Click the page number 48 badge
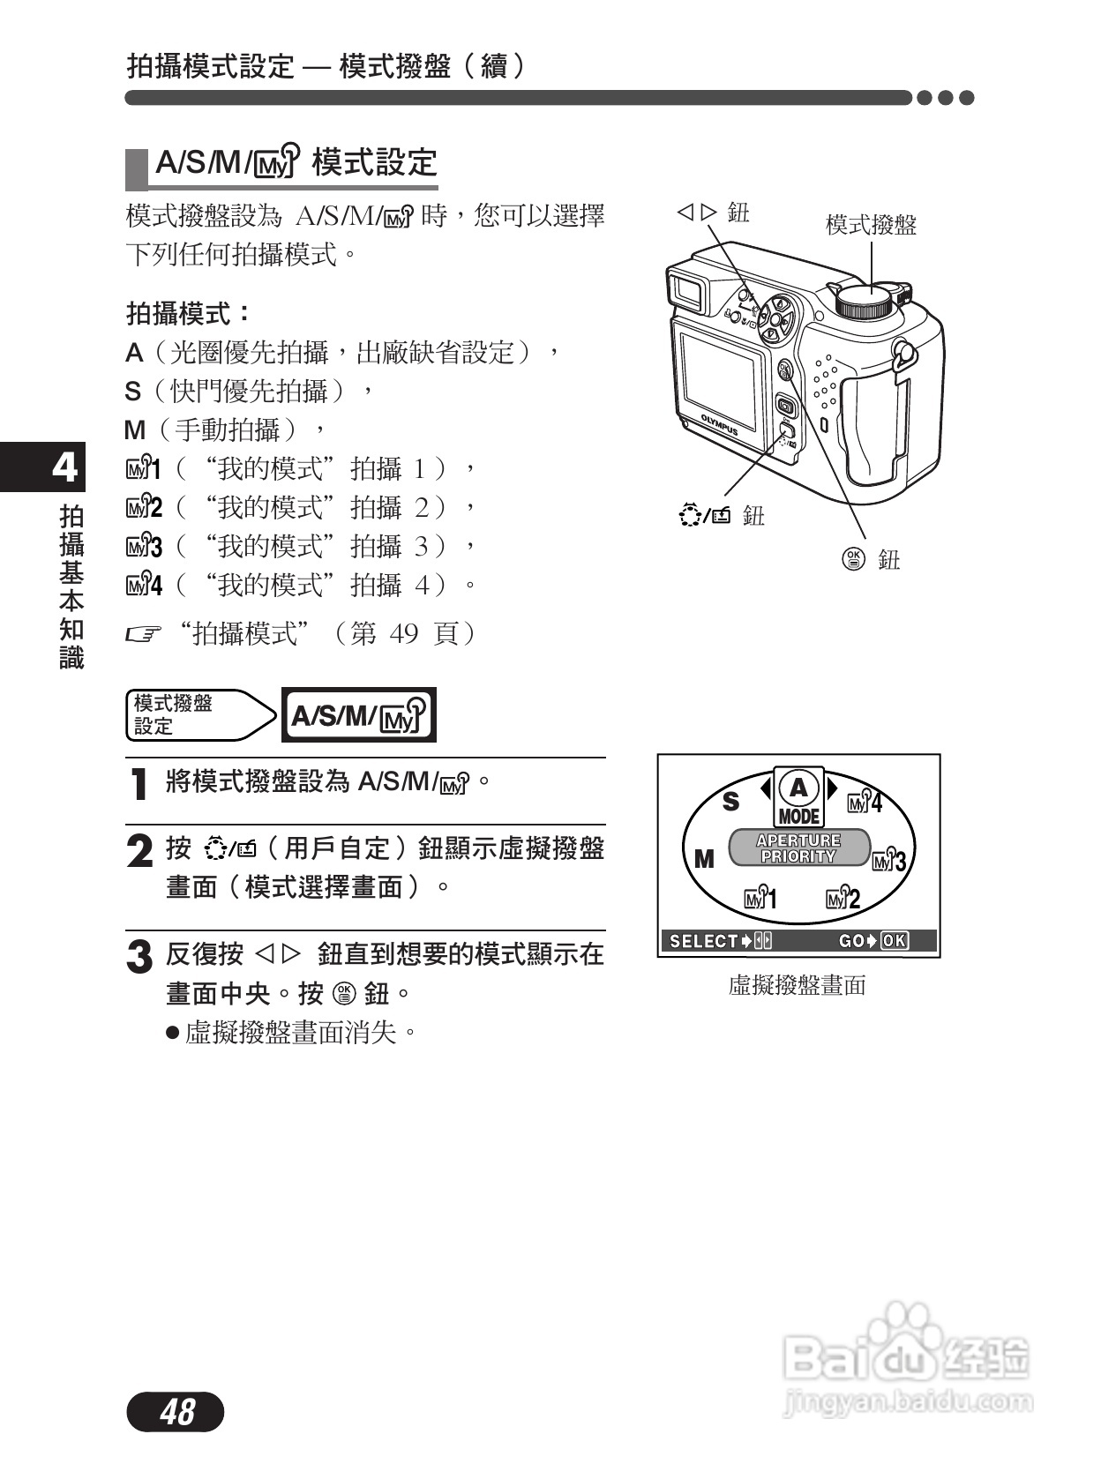pos(176,1412)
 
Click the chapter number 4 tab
pos(64,467)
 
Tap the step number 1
pos(139,784)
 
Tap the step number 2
pos(139,852)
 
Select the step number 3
pos(139,958)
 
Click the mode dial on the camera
pos(864,301)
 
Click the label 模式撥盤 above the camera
pos(871,225)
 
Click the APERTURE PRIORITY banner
pos(798,848)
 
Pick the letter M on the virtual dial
pos(704,858)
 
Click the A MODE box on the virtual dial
pos(798,797)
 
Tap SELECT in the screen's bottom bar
pos(703,941)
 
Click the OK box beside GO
pos(894,941)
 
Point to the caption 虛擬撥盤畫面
pos(798,985)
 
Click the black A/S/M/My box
pos(358,715)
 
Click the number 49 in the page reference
pos(403,633)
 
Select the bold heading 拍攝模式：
pos(189,313)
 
